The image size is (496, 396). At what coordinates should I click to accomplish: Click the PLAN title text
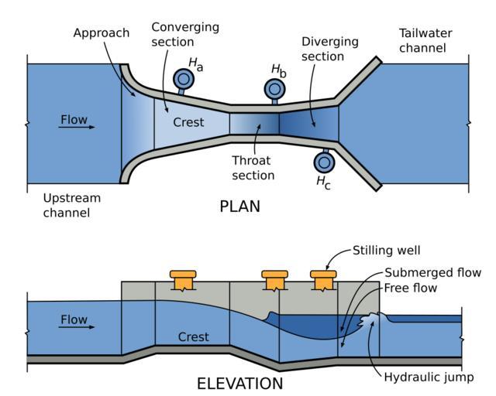pos(239,207)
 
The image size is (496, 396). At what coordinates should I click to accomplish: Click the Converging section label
pos(185,34)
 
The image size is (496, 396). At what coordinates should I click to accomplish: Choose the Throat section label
pos(253,168)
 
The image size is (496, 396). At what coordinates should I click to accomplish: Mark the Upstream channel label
pos(74,204)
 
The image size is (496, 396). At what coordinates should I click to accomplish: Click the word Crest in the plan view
pos(189,122)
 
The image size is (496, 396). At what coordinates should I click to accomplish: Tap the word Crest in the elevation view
pos(194,337)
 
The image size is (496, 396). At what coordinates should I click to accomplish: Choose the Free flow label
pos(410,288)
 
